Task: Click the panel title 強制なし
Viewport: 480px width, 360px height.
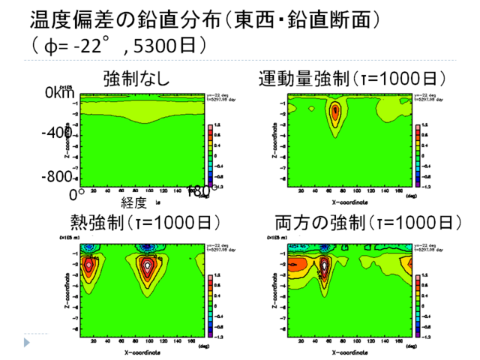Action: click(x=136, y=78)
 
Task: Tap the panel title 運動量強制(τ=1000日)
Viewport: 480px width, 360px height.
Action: click(x=353, y=78)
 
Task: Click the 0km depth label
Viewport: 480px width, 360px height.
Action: click(x=61, y=93)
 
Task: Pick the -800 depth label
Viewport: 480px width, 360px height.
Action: click(x=56, y=177)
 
